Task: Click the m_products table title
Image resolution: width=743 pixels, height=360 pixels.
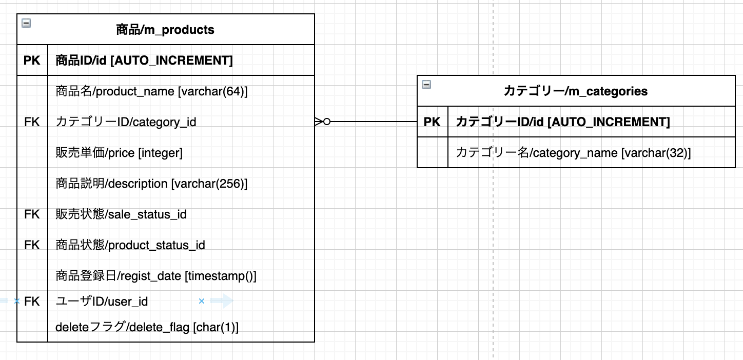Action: pos(165,30)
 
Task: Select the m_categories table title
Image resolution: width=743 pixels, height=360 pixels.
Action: pos(575,91)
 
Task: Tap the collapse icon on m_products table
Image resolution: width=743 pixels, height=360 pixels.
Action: pos(26,23)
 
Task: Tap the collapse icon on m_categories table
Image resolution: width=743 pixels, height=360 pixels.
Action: pos(426,85)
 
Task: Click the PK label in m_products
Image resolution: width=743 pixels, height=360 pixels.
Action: pos(32,61)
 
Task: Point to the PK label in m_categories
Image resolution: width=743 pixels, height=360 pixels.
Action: pos(432,122)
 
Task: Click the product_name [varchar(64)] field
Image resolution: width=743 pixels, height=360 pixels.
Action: pos(151,91)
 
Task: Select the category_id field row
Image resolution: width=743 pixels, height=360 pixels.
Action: pos(126,122)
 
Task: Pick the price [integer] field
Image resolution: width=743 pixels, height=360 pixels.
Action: pos(119,153)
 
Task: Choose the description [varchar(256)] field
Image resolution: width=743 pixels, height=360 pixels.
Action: pos(151,184)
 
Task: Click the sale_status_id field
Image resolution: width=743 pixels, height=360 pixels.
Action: pos(121,214)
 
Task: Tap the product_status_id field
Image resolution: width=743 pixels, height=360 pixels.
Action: pos(130,245)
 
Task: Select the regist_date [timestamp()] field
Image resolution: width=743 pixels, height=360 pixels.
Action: pos(156,276)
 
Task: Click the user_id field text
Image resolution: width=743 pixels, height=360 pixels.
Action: pos(102,302)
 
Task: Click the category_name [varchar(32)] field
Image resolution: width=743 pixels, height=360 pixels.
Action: pos(573,153)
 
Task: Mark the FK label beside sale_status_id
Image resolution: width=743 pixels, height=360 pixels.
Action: pos(32,214)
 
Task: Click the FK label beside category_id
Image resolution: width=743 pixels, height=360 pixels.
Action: pos(32,122)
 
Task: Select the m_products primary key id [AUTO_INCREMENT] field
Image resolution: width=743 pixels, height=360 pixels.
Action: pos(144,61)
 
